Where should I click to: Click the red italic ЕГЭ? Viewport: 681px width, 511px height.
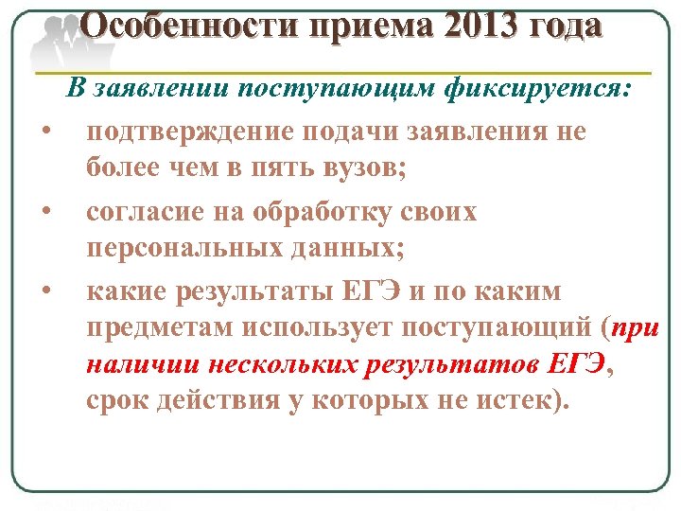click(x=574, y=363)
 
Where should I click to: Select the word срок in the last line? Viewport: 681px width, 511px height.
click(x=114, y=400)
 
